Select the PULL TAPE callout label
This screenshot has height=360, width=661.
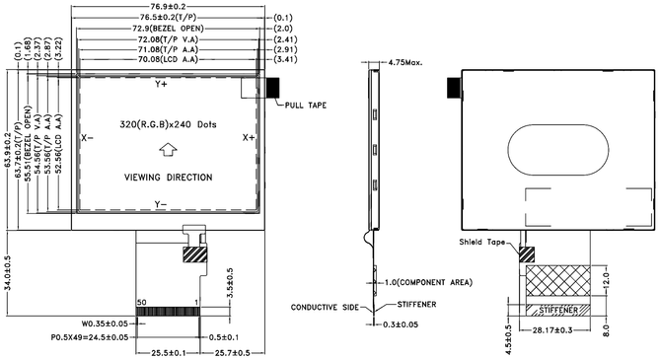pos(306,105)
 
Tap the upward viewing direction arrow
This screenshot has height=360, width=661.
pos(168,150)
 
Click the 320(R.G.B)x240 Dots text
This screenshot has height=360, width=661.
pos(168,124)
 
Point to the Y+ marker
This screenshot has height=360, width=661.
pos(161,84)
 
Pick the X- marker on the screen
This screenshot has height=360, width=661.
pos(87,138)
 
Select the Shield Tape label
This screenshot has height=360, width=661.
pos(481,242)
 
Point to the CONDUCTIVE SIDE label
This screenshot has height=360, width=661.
pos(325,308)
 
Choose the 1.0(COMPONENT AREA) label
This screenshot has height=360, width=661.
pos(428,282)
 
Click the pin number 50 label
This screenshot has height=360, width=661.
pos(142,302)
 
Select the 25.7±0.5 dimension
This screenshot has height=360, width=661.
pos(232,352)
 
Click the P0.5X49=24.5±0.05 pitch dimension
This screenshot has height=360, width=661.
pos(90,337)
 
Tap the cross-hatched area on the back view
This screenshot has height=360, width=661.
pos(558,280)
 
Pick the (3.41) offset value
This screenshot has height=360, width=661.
pos(285,59)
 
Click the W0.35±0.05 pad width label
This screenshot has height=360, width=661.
pos(105,324)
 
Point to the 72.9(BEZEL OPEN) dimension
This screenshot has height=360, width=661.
pos(168,29)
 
